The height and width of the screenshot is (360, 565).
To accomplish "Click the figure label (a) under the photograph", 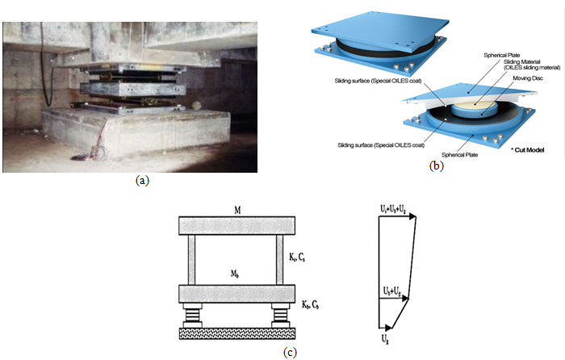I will point(143,181).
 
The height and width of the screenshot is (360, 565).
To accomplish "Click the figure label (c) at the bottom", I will point(289,352).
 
